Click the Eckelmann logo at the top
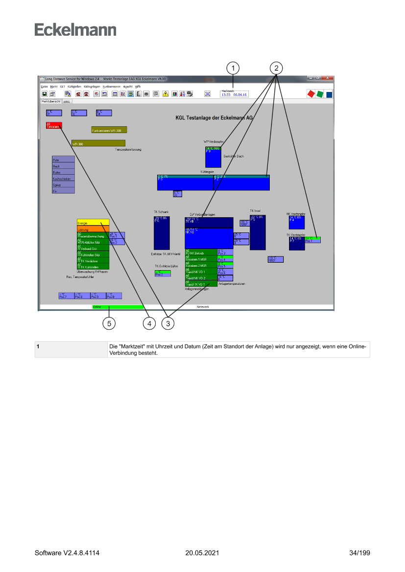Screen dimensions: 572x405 click(x=75, y=30)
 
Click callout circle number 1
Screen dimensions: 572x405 click(x=234, y=68)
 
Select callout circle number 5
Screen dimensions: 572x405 click(x=109, y=323)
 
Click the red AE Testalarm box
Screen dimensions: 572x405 click(x=54, y=125)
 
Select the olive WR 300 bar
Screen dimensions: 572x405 click(x=98, y=143)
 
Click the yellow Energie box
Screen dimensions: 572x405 click(x=93, y=223)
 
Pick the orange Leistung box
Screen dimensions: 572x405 click(x=93, y=229)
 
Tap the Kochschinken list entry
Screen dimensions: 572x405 click(x=63, y=179)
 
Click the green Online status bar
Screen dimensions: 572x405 click(x=118, y=307)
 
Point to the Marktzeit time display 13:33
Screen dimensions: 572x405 click(x=226, y=94)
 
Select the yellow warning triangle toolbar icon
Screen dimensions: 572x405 click(x=166, y=94)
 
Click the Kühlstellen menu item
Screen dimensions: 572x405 click(x=74, y=86)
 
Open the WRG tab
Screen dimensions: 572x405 click(x=67, y=102)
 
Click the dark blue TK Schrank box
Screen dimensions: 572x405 click(x=162, y=232)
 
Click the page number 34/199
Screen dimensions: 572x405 click(x=359, y=553)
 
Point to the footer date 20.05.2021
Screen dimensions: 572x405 click(x=202, y=553)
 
